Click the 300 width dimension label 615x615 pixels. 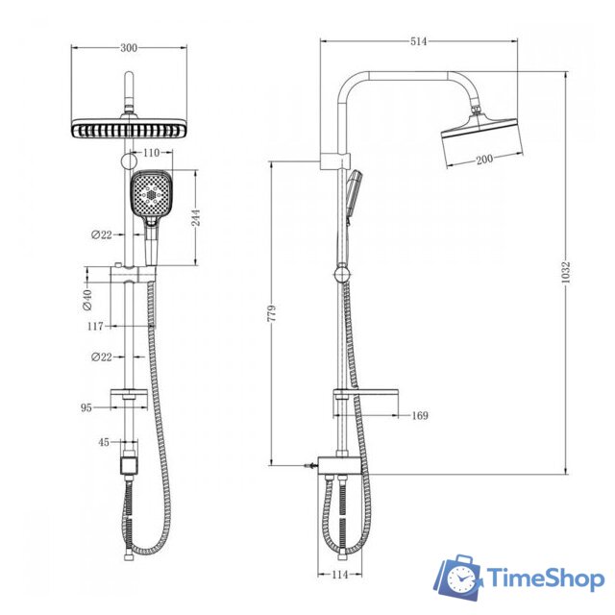129,48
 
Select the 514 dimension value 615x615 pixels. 419,41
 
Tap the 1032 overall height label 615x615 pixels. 565,272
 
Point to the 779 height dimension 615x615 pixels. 271,312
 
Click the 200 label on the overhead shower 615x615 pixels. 484,160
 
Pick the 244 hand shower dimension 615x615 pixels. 195,217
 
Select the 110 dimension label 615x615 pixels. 152,153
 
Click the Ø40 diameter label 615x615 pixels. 87,300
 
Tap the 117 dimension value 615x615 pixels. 95,326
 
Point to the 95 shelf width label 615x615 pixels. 86,407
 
